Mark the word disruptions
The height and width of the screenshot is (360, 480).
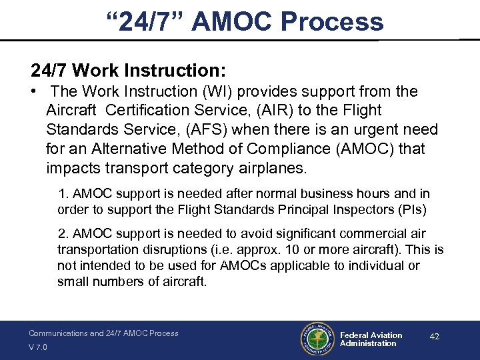[165, 249]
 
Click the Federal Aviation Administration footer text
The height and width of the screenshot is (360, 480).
[371, 339]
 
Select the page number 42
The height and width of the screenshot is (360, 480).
[434, 337]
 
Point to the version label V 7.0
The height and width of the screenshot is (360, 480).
[39, 347]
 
